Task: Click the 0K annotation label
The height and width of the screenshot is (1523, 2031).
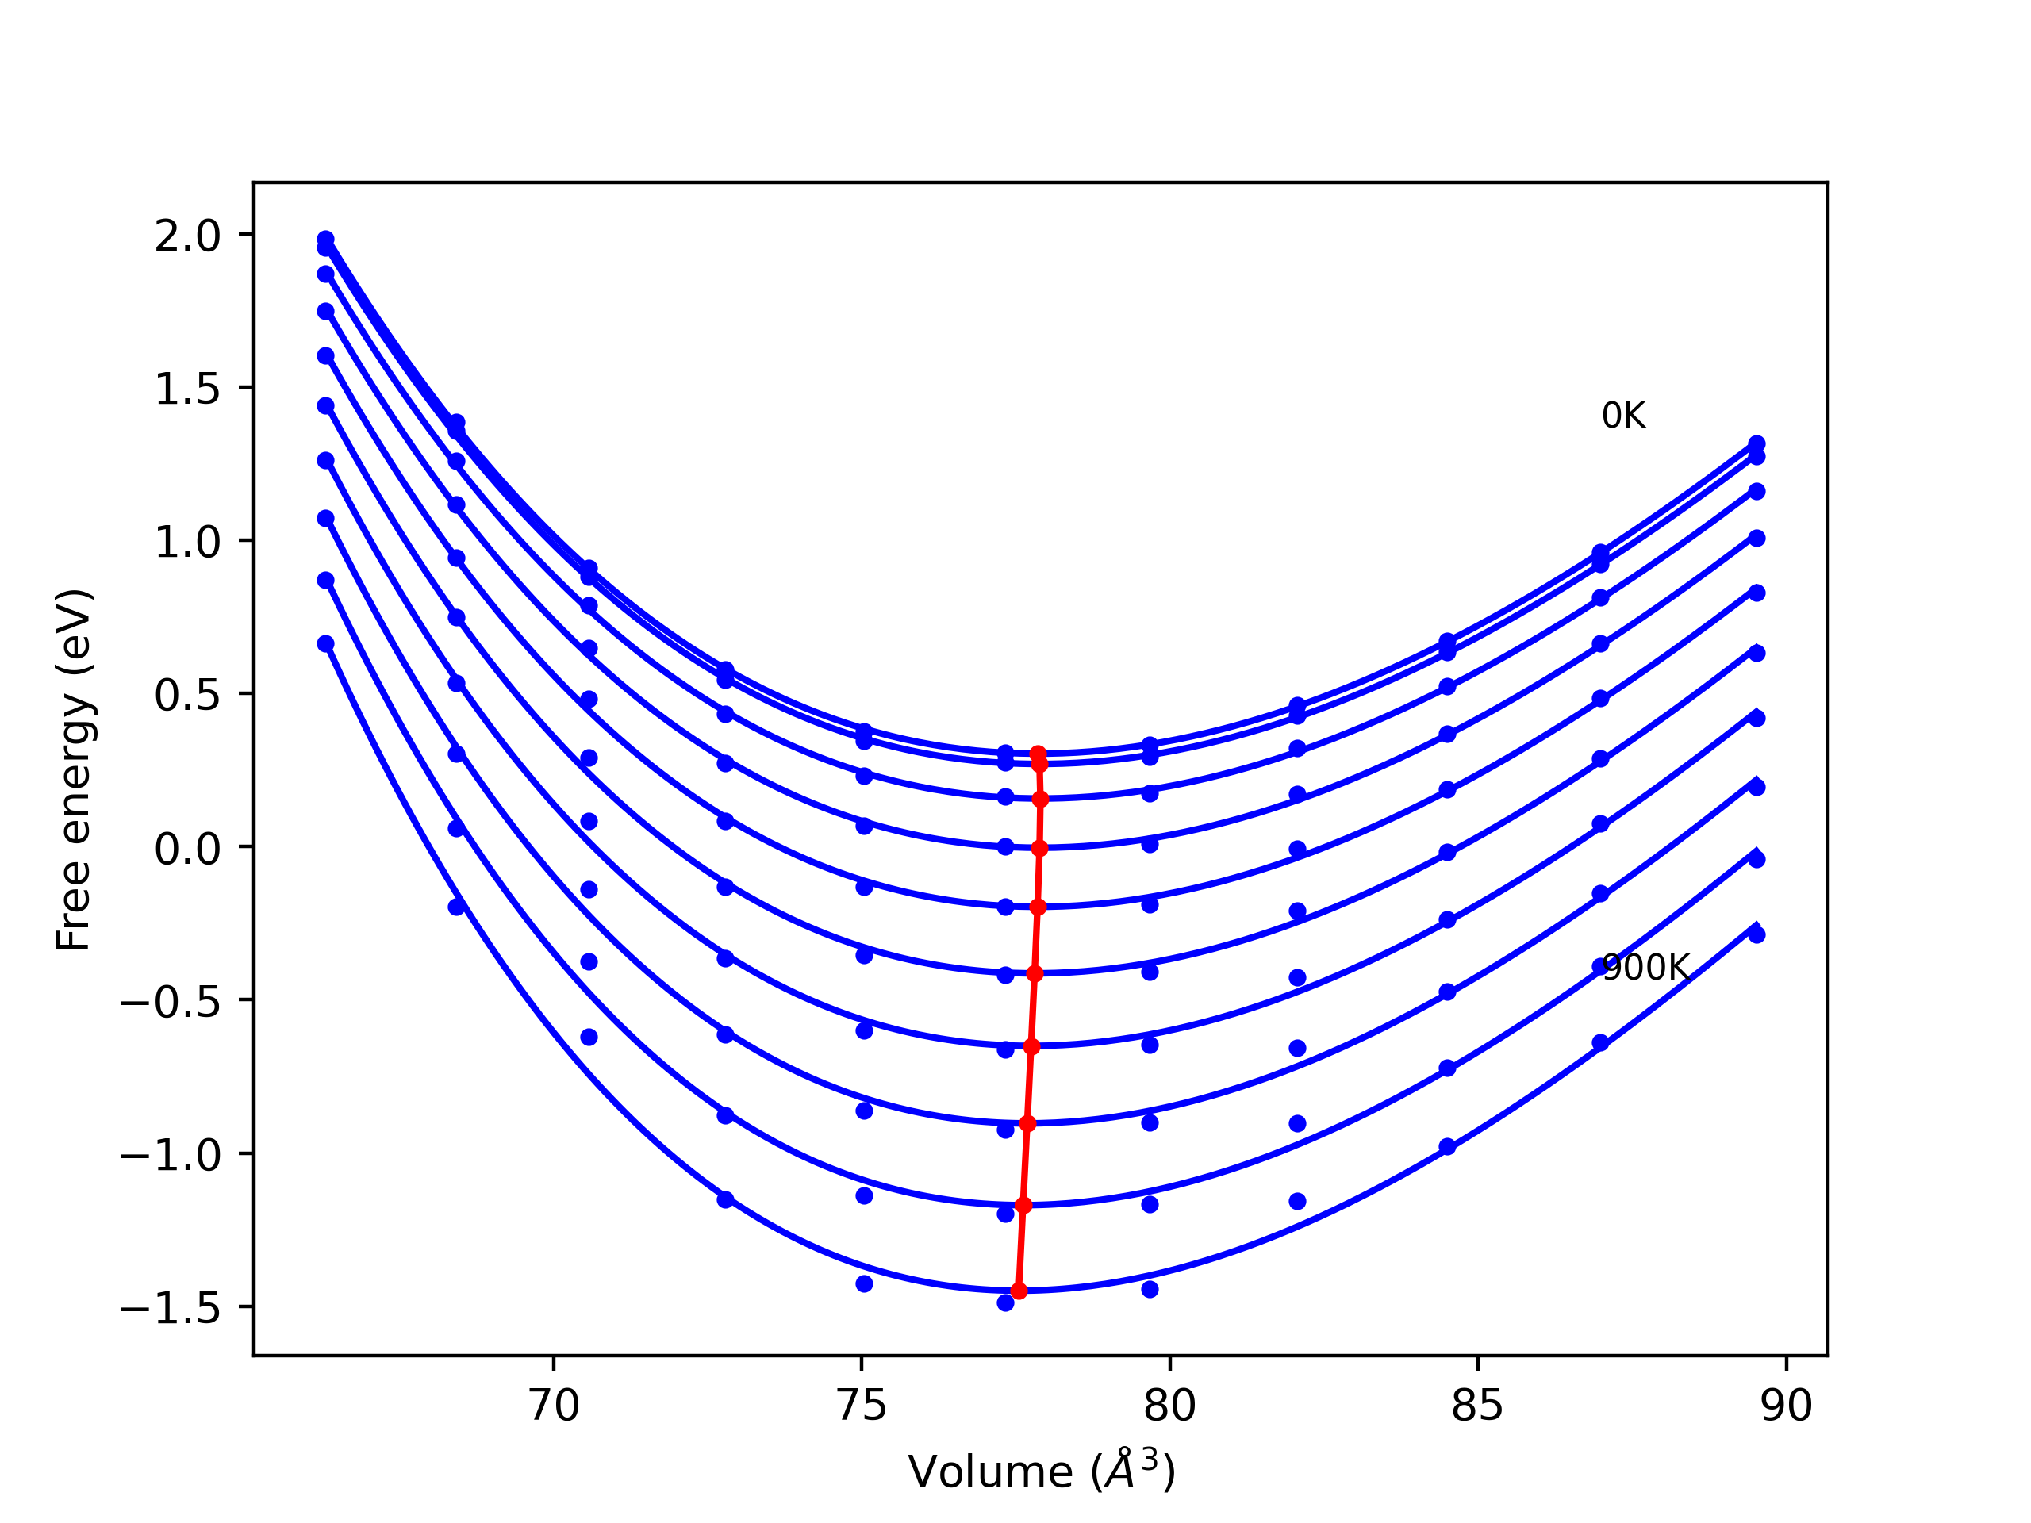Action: (x=1622, y=416)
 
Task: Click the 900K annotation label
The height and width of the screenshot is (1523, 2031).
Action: (x=1645, y=968)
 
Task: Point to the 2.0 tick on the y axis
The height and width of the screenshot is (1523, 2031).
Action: (x=187, y=236)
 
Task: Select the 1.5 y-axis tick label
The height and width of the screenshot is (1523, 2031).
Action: (x=187, y=389)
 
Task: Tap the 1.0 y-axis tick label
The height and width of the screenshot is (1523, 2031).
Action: (x=187, y=542)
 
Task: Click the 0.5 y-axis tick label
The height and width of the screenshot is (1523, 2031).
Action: (x=187, y=695)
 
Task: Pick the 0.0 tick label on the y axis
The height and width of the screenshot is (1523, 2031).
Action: (x=187, y=848)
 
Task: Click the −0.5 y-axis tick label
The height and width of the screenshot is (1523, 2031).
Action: (x=171, y=1002)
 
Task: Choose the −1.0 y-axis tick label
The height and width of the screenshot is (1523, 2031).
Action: (x=171, y=1155)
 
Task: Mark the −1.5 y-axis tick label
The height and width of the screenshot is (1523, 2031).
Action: (x=171, y=1308)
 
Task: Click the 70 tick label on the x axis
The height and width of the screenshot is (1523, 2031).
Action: (x=554, y=1406)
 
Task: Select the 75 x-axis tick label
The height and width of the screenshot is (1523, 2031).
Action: (x=862, y=1406)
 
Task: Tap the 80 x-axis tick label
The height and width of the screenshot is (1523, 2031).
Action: (x=1169, y=1406)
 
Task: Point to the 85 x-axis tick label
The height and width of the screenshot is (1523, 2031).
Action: (x=1477, y=1406)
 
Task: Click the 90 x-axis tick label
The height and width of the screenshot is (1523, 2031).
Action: (x=1786, y=1406)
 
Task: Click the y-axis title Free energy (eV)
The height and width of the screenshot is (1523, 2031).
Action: (x=74, y=769)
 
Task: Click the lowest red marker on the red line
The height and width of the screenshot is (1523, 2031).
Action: (x=1018, y=1291)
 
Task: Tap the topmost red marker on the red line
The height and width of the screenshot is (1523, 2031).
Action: (x=1038, y=754)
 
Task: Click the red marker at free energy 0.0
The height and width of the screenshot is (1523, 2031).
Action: (x=1039, y=848)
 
